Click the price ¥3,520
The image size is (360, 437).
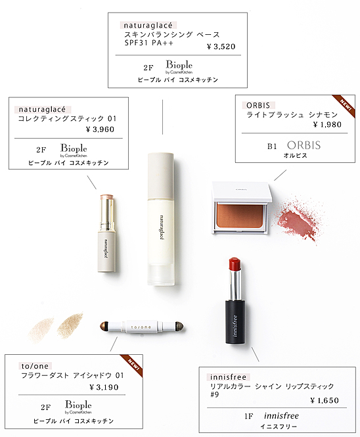(x=221, y=47)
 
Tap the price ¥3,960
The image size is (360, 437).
(x=100, y=129)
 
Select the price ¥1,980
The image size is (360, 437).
(x=327, y=125)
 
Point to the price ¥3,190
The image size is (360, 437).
(x=104, y=387)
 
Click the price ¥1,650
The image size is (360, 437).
(x=325, y=400)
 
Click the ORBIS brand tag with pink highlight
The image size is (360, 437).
(x=258, y=105)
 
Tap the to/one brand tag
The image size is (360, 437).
(x=35, y=366)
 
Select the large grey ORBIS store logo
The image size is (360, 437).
(x=304, y=145)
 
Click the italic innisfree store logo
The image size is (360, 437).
(x=281, y=416)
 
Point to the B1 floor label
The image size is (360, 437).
(x=272, y=146)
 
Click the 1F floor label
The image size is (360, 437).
(x=249, y=417)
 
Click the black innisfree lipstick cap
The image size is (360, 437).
(x=236, y=322)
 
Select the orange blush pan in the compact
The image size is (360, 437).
(x=239, y=215)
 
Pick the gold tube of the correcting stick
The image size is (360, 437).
(x=107, y=213)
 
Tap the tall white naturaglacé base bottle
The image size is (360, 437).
(x=161, y=219)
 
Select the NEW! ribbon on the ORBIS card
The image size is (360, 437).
(x=344, y=106)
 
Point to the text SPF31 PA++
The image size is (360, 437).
(x=149, y=43)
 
